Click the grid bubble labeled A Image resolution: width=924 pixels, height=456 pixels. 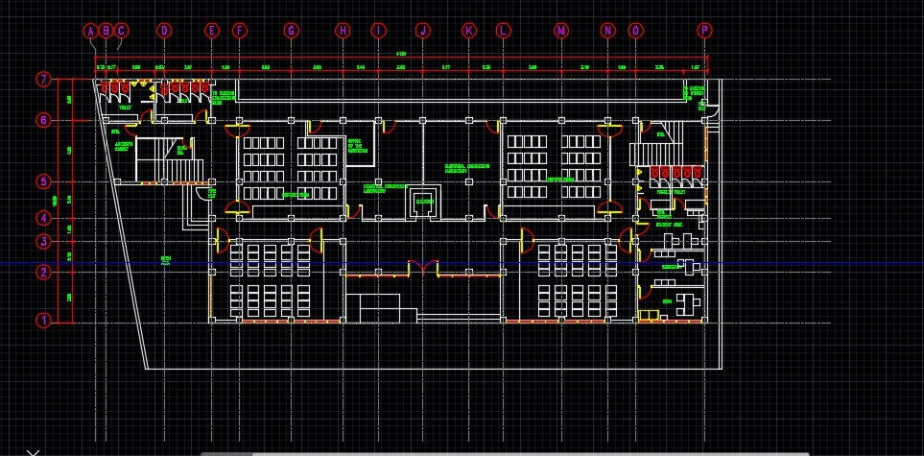(91, 31)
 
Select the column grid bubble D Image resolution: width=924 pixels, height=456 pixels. (164, 31)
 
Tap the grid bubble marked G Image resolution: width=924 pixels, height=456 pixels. (291, 31)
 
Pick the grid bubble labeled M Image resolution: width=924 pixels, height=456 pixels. (561, 31)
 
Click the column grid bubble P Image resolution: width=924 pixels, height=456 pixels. (705, 31)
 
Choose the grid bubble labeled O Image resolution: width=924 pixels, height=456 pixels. (635, 31)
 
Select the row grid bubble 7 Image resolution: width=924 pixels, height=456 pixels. (42, 80)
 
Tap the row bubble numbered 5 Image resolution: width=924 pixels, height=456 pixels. (42, 181)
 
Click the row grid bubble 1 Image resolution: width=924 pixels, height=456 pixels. (42, 320)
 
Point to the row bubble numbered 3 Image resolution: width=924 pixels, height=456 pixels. (42, 241)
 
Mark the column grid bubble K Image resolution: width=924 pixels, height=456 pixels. (469, 31)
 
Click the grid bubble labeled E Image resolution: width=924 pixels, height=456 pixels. (212, 31)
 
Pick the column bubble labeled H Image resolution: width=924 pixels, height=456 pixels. (343, 31)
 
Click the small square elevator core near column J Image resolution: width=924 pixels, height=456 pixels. (422, 203)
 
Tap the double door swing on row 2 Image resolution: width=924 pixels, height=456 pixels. (422, 265)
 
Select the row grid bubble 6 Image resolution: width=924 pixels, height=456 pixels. (42, 120)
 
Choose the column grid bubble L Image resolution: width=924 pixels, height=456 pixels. (503, 31)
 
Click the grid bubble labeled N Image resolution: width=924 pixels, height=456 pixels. (607, 31)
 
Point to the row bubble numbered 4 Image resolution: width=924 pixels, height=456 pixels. (42, 218)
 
